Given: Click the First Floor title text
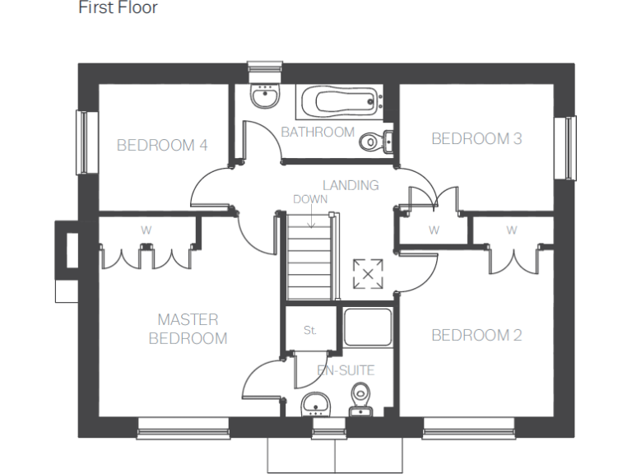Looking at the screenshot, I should click(x=118, y=8).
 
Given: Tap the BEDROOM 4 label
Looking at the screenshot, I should click(x=162, y=146).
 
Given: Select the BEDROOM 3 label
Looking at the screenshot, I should click(x=476, y=139).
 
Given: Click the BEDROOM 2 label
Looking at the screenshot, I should click(x=476, y=335).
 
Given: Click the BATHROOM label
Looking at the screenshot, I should click(x=318, y=132).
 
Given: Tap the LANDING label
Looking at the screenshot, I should click(x=351, y=185).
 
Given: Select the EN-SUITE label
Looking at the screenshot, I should click(x=346, y=370).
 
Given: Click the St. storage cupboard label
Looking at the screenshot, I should click(x=309, y=330).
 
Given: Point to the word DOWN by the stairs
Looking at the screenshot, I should click(x=310, y=199).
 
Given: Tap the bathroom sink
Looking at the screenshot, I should click(x=265, y=99).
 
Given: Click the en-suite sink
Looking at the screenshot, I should click(x=316, y=402).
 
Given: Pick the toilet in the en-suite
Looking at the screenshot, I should click(x=360, y=398).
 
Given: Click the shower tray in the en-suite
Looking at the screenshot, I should click(x=367, y=327).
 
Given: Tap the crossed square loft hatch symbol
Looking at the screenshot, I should click(x=368, y=274).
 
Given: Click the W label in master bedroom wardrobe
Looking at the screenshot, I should click(x=146, y=230).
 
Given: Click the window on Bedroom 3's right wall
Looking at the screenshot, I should click(x=569, y=147).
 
